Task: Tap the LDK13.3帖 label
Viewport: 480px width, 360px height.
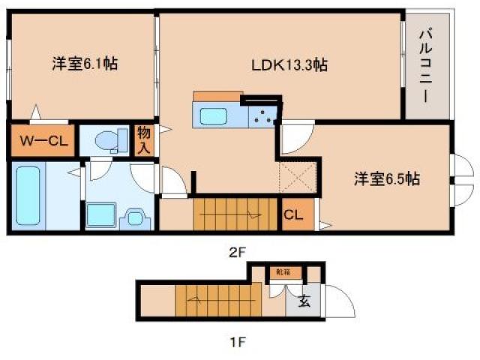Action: click(x=289, y=64)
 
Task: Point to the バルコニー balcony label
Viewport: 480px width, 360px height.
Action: click(x=424, y=64)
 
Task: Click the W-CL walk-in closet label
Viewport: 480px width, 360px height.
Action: click(x=42, y=140)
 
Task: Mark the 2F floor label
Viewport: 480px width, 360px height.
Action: click(x=237, y=253)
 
